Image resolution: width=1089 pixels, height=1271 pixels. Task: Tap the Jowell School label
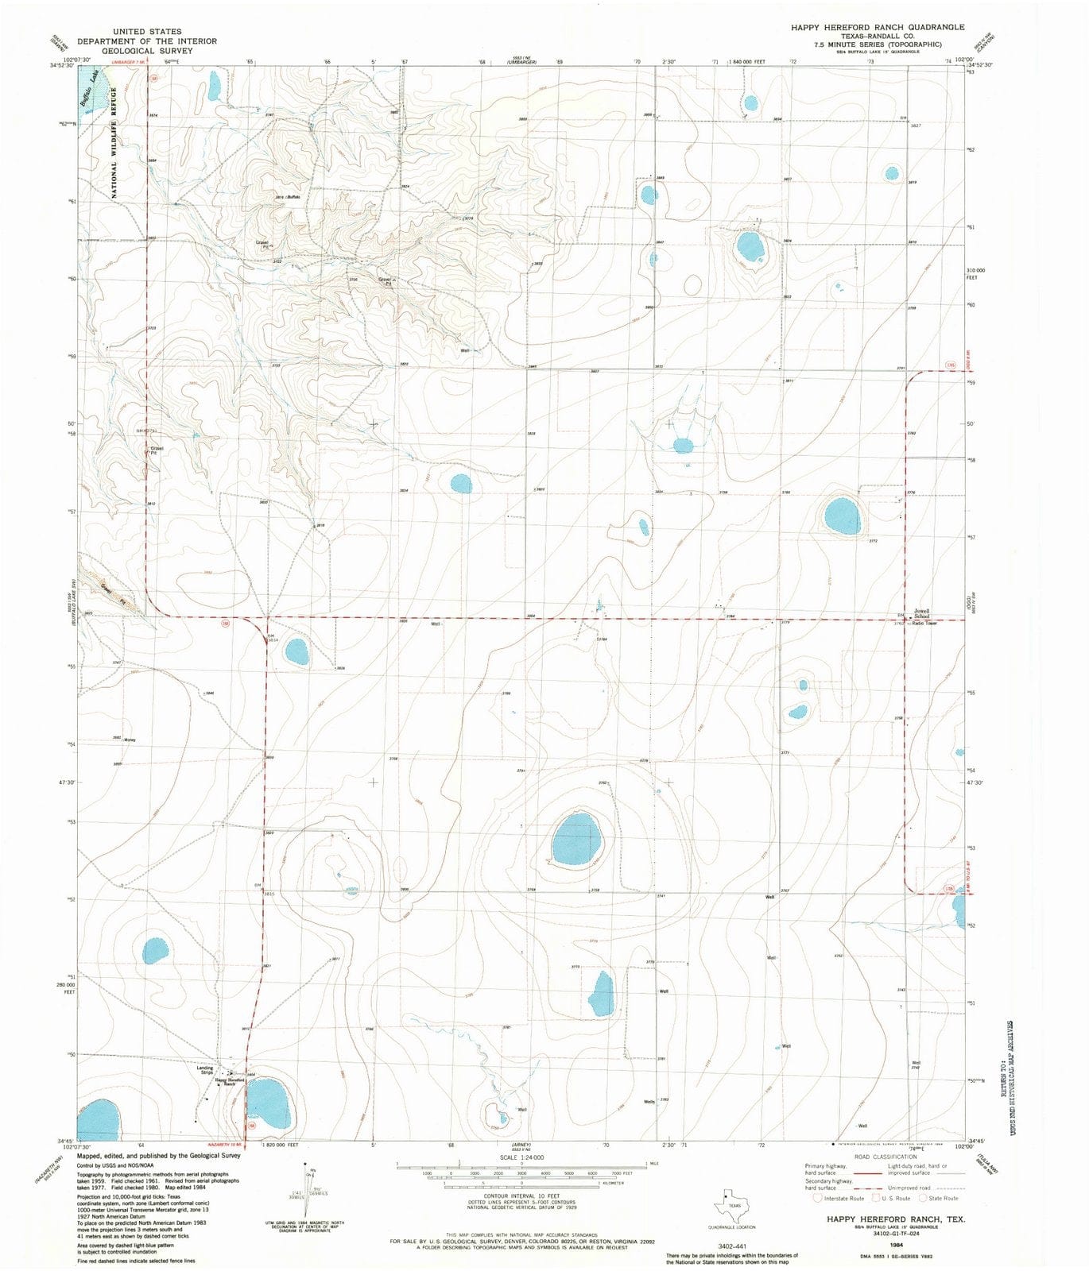[921, 613]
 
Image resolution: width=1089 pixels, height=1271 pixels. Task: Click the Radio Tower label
[924, 624]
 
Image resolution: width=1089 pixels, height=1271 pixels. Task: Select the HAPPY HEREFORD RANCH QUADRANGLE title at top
[878, 27]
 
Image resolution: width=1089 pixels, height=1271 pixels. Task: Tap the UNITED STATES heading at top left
[147, 32]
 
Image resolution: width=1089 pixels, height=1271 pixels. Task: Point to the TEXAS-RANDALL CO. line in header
[877, 36]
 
